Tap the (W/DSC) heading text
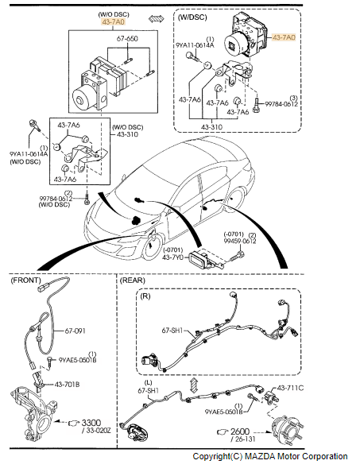click(x=193, y=16)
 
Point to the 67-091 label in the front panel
click(x=75, y=330)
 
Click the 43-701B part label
click(x=68, y=385)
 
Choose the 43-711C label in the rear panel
click(x=290, y=389)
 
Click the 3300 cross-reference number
click(x=91, y=423)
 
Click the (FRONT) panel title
click(x=26, y=281)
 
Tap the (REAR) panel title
click(x=133, y=281)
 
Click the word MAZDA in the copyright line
click(x=261, y=456)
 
